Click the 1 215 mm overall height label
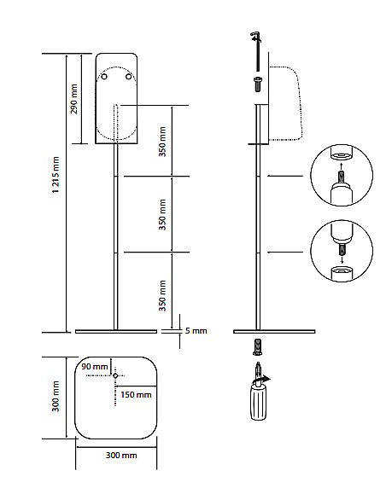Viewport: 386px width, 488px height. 56,175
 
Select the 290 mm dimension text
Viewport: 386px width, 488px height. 74,99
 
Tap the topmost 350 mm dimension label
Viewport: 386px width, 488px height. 162,142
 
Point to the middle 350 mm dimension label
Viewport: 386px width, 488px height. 162,214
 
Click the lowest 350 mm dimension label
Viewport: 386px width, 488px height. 162,295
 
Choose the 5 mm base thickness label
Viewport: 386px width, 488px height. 196,330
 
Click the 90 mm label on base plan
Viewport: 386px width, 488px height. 95,366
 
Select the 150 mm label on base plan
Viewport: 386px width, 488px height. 136,395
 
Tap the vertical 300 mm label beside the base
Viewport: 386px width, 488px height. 56,396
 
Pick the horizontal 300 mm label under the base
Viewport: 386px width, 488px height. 121,456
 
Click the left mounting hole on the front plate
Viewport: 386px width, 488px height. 104,76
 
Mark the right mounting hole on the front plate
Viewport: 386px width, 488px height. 129,76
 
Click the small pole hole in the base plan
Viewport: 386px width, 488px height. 115,376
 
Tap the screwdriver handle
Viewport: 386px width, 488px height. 258,403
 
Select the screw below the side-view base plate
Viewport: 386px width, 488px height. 257,347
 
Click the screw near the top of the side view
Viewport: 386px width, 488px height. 258,84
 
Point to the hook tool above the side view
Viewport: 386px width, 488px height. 257,51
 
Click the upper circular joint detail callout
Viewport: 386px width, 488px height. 342,175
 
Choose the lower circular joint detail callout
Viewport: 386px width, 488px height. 342,251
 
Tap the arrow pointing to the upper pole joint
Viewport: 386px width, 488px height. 285,176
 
